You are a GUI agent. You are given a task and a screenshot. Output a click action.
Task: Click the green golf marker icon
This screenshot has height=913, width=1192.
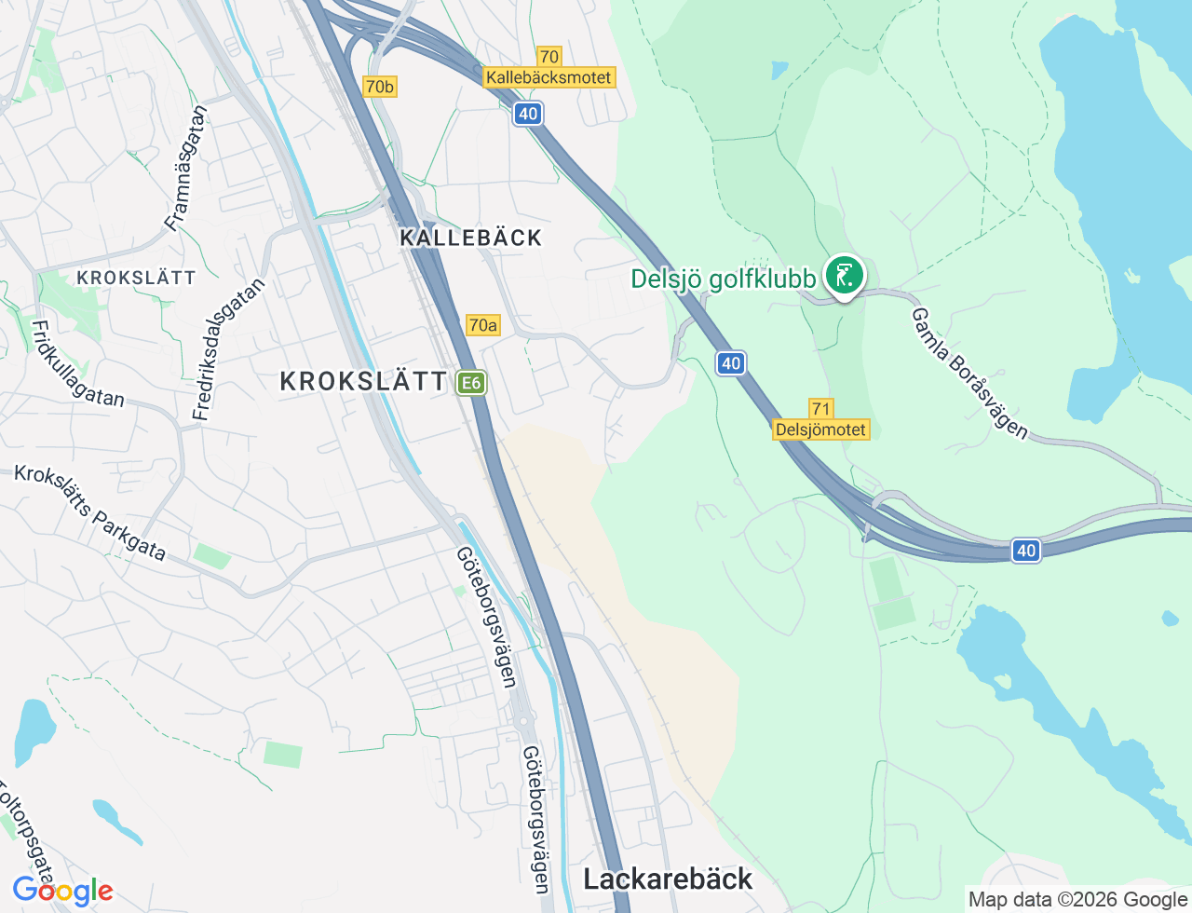[x=845, y=276]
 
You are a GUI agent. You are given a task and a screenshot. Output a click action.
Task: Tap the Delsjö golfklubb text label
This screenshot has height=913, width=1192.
[x=724, y=279]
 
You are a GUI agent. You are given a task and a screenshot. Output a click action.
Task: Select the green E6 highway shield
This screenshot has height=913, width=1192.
[x=471, y=382]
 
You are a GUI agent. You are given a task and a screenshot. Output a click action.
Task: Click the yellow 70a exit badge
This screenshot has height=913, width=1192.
[x=482, y=325]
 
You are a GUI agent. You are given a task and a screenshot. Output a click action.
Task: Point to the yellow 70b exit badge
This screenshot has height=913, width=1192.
[x=379, y=87]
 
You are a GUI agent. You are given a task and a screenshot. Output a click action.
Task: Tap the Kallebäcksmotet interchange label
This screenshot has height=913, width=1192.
[x=549, y=77]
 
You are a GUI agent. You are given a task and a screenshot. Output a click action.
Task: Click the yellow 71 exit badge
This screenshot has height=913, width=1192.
[x=820, y=409]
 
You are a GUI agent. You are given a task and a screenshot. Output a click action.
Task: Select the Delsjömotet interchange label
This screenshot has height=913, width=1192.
[x=820, y=429]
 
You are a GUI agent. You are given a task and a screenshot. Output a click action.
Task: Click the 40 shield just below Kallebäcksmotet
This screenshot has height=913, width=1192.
[x=528, y=114]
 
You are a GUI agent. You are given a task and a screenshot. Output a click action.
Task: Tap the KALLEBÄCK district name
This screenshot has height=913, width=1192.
[x=471, y=238]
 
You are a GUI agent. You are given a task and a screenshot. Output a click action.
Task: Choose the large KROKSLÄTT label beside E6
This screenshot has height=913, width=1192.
[x=364, y=381]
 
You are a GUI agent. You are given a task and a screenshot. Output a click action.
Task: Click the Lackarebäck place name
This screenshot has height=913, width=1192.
[x=668, y=879]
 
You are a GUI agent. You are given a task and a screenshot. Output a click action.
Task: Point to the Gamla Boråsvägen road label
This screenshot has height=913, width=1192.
[x=969, y=373]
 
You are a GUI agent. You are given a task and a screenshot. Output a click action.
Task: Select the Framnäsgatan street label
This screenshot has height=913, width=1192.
[x=186, y=168]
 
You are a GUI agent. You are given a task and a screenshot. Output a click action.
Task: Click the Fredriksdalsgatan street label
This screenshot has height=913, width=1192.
[x=228, y=348]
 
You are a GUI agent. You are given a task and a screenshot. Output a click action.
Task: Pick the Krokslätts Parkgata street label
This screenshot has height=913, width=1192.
[x=90, y=513]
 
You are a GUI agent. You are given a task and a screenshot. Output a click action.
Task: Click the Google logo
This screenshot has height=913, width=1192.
[x=62, y=891]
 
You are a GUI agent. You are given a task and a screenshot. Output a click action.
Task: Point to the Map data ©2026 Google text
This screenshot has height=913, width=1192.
[x=1077, y=899]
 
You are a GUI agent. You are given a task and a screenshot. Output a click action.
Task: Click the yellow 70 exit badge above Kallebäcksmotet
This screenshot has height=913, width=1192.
[x=549, y=57]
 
